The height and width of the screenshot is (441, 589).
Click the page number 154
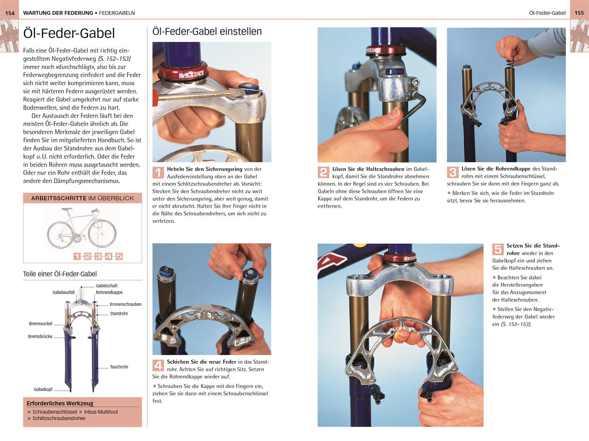[10, 13]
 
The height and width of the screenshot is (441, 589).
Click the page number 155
[579, 13]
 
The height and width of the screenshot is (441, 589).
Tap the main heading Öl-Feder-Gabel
[69, 33]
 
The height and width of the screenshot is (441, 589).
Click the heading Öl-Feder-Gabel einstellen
[207, 31]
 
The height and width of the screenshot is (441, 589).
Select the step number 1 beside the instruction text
[158, 172]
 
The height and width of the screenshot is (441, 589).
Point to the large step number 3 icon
[453, 172]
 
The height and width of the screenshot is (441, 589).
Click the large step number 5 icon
[498, 249]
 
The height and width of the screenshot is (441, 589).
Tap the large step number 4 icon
[158, 365]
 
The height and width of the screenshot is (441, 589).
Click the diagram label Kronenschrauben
[126, 304]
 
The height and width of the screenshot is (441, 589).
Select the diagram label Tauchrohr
[119, 367]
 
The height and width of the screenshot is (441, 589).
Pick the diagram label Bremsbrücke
[40, 337]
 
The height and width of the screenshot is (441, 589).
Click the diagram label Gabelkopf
[43, 390]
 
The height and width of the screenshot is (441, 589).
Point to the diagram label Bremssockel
[41, 324]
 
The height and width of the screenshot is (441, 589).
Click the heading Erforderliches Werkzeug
[60, 403]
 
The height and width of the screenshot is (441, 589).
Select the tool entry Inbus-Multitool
[101, 412]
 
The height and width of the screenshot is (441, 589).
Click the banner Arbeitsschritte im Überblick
[82, 198]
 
